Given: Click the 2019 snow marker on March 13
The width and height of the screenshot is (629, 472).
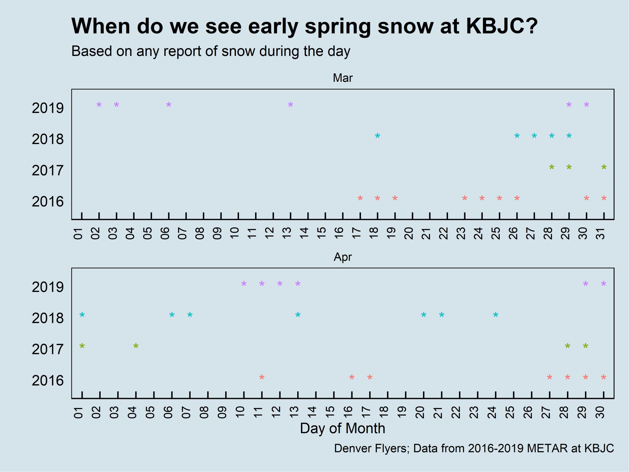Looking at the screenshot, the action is click(290, 104).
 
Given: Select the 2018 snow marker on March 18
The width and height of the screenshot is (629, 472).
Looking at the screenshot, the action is click(377, 136).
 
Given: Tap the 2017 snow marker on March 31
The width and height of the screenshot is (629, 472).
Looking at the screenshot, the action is click(604, 167).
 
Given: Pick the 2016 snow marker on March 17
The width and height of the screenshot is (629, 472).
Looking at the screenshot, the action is click(360, 198).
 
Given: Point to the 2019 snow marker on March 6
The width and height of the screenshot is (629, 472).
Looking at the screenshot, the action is click(169, 104).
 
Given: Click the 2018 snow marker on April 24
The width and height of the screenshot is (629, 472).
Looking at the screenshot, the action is click(496, 314).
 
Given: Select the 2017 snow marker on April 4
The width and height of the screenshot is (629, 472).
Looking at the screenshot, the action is click(136, 346).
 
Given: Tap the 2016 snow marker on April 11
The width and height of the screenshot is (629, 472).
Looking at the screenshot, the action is click(262, 377).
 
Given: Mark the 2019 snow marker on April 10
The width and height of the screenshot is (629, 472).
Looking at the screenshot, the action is click(244, 284).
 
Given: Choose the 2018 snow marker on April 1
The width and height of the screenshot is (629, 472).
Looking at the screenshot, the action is click(82, 314).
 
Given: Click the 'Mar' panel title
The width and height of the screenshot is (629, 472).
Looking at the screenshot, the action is click(343, 78).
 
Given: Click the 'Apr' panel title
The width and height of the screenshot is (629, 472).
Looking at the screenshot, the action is click(343, 257).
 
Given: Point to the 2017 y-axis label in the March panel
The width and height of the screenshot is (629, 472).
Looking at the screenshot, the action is click(47, 171).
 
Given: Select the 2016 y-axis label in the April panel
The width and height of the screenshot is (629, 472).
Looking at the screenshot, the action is click(47, 381).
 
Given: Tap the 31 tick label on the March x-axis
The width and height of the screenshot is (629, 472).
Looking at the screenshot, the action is click(600, 233).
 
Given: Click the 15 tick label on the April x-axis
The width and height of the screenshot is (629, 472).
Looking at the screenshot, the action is click(330, 412).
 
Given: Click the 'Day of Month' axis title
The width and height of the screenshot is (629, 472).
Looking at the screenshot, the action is click(342, 428).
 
